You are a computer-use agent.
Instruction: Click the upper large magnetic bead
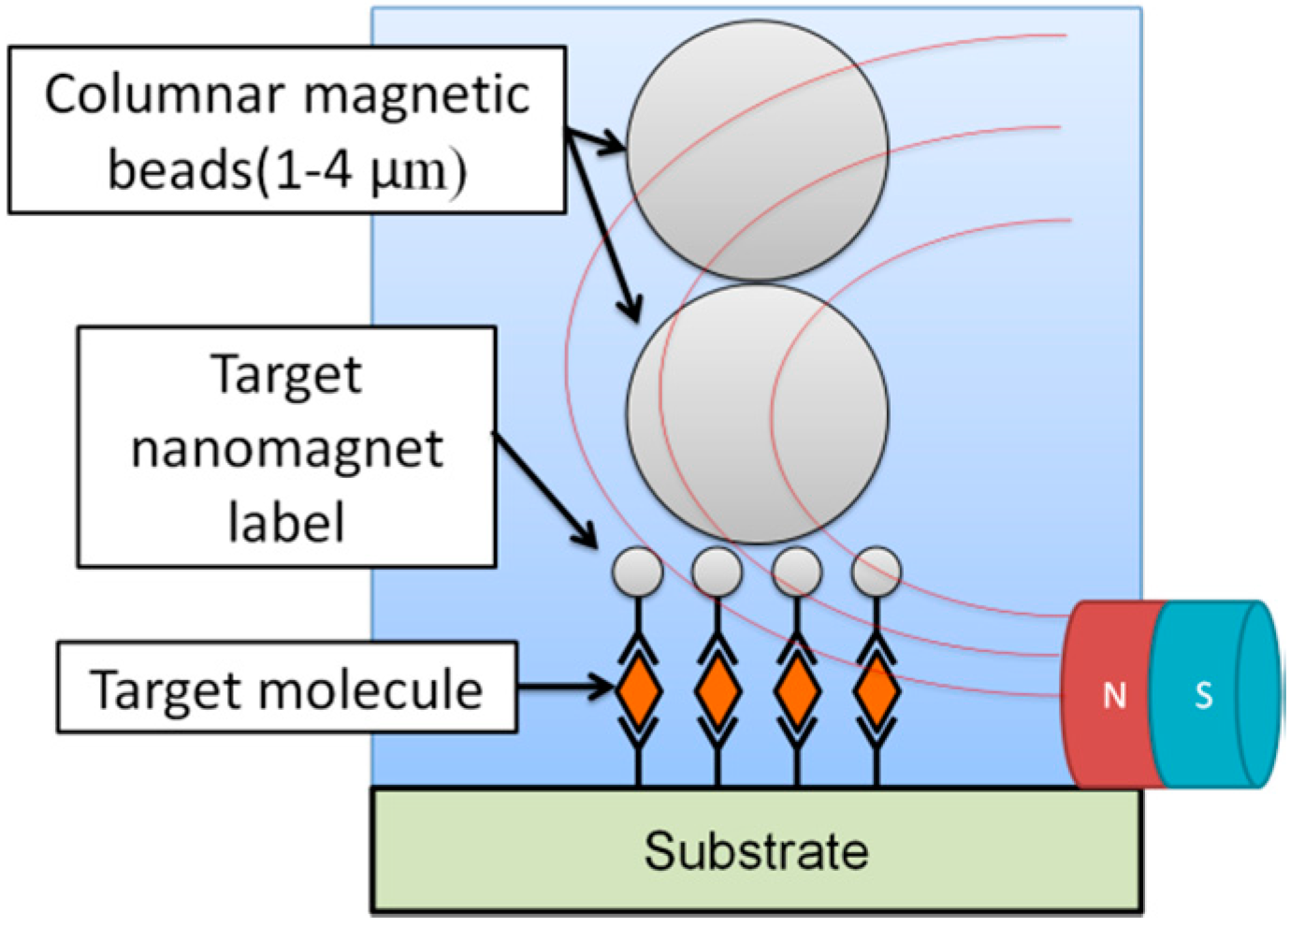pyautogui.click(x=757, y=150)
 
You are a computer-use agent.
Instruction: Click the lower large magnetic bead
pyautogui.click(x=757, y=414)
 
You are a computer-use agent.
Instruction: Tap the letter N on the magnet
pyautogui.click(x=1113, y=696)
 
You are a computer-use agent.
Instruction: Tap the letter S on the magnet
pyautogui.click(x=1203, y=696)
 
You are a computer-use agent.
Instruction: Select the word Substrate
pyautogui.click(x=756, y=851)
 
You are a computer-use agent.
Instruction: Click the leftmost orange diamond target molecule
pyautogui.click(x=639, y=690)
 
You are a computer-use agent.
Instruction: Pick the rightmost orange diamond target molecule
pyautogui.click(x=877, y=690)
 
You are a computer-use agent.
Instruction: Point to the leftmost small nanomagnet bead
pyautogui.click(x=637, y=572)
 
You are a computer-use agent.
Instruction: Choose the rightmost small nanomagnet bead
pyautogui.click(x=877, y=572)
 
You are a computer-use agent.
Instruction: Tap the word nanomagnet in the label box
pyautogui.click(x=286, y=449)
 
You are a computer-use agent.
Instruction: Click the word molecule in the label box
pyautogui.click(x=370, y=690)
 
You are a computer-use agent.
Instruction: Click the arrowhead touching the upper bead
pyautogui.click(x=614, y=145)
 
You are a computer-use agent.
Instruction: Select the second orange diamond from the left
pyautogui.click(x=717, y=690)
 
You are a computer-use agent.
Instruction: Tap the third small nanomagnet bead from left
pyautogui.click(x=797, y=572)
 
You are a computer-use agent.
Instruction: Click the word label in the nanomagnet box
pyautogui.click(x=286, y=522)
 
